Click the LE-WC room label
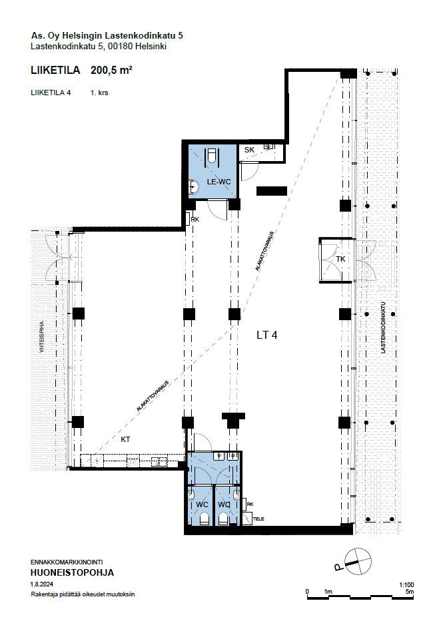219,182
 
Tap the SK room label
249,150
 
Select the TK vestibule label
340,259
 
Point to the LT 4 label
267,335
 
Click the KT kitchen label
125,439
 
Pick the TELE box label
259,519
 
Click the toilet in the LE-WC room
211,155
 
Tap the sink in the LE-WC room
195,186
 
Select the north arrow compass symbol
354,561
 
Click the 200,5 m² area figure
112,70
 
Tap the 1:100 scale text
407,585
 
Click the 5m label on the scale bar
410,591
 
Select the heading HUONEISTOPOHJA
73,572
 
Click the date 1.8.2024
42,584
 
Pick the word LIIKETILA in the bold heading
55,70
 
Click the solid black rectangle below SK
272,191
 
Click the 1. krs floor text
99,93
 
